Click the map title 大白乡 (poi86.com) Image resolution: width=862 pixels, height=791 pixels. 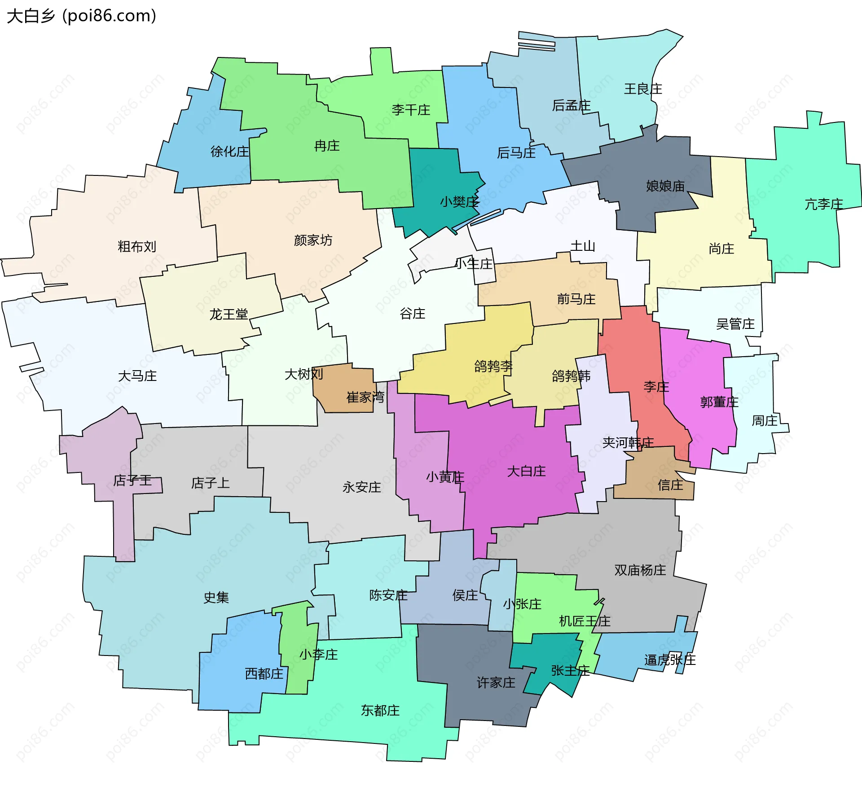[81, 16]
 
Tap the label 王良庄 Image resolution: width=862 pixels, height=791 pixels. [643, 89]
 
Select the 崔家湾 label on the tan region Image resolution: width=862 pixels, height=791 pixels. [365, 397]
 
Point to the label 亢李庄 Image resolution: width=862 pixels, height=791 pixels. [823, 205]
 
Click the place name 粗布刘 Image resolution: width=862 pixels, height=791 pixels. [136, 247]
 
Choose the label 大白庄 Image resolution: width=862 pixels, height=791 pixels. [526, 471]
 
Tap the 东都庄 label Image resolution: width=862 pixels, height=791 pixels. [380, 710]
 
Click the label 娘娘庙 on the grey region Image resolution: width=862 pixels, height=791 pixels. [665, 186]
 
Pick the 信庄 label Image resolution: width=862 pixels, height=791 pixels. [670, 485]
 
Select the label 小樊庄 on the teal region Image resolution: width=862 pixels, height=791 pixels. [459, 202]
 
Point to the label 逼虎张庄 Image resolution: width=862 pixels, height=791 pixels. [669, 660]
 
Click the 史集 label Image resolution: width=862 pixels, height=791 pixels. [216, 598]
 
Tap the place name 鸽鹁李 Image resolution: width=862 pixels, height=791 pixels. [493, 366]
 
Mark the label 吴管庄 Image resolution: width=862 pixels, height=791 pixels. [735, 324]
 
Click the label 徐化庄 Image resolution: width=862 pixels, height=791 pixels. [229, 152]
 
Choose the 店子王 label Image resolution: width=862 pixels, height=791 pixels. [132, 481]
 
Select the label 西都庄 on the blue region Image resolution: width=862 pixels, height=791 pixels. [264, 674]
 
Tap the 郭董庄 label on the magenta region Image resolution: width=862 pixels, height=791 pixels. [719, 402]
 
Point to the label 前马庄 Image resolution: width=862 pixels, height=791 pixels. [576, 299]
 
